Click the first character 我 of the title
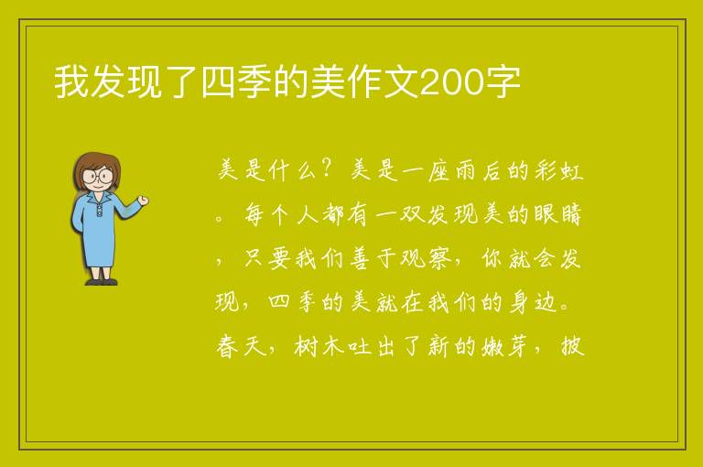coord(71,82)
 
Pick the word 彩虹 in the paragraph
coord(558,170)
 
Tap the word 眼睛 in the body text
coord(557,214)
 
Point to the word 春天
coord(241,346)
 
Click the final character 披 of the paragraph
coord(572,346)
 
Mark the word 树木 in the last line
coord(319,346)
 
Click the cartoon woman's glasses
coord(98,176)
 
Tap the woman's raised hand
coord(143,201)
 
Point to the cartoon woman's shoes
coord(102,282)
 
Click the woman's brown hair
coord(96,164)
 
